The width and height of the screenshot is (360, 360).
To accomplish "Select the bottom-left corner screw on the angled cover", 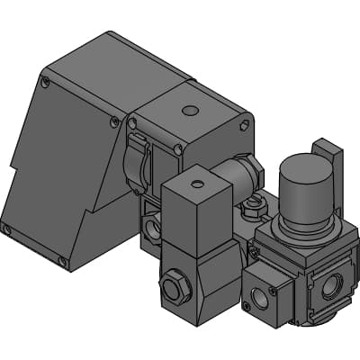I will [7, 229].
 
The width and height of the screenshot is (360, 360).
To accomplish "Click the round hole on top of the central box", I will [188, 111].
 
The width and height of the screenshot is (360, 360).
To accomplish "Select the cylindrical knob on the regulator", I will [304, 184].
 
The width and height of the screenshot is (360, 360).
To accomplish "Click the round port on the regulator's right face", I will [329, 286].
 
